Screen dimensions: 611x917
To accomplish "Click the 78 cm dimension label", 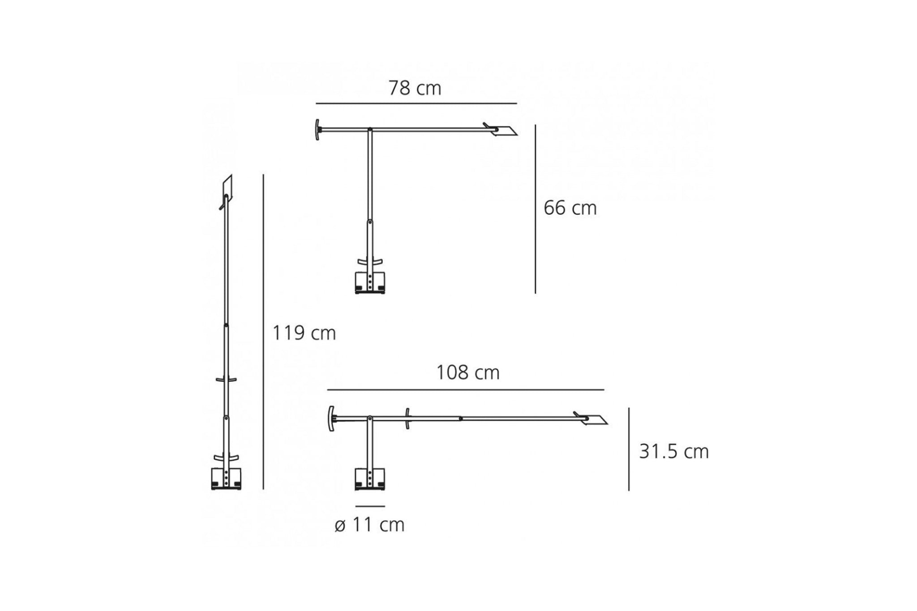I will click(415, 88).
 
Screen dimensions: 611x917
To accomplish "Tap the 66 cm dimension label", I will click(570, 208).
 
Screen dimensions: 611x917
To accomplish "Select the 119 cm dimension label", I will click(304, 333).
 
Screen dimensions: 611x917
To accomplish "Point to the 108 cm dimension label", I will click(468, 372).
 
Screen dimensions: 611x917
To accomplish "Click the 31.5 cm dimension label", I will click(673, 452).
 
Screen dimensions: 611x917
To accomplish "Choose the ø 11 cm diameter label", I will click(369, 525).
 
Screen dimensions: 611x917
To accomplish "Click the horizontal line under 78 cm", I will click(416, 103).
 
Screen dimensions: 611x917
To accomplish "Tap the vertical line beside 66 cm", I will click(536, 209).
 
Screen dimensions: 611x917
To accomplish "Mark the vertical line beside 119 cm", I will click(263, 331).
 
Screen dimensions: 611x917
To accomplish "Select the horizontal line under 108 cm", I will click(466, 390).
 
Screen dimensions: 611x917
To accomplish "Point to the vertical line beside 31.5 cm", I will click(629, 449).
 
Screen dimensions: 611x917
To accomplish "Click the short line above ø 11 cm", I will click(370, 506).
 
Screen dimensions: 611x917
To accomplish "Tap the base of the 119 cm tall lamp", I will click(226, 479).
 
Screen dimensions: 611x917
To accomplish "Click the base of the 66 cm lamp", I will click(370, 283).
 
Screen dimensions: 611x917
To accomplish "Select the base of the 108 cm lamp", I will click(370, 479).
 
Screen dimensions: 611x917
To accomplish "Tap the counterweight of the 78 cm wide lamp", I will click(317, 130).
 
